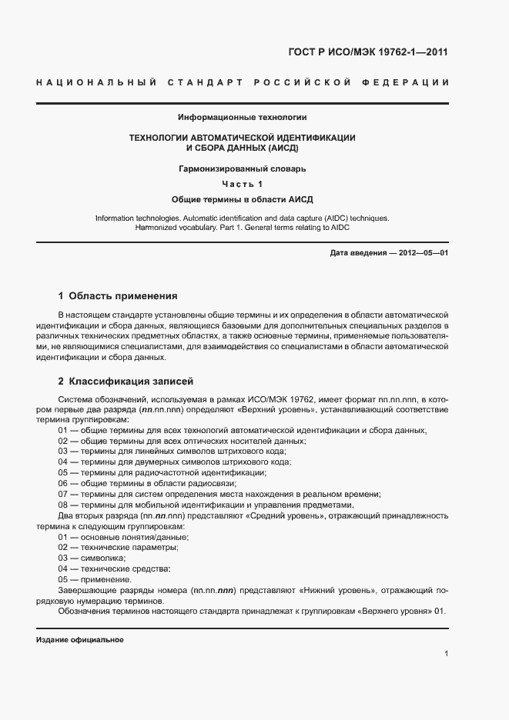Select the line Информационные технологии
(242, 118)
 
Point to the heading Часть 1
(242, 183)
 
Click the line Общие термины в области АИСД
(242, 199)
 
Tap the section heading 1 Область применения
(118, 295)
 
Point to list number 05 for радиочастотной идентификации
(63, 472)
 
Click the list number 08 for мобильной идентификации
(63, 505)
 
